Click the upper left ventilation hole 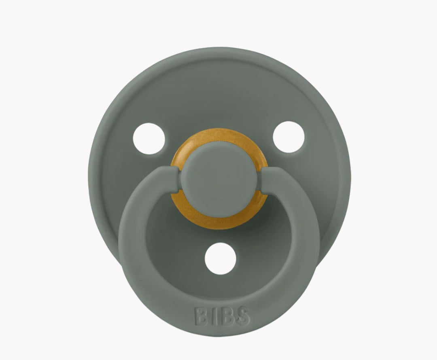[149, 138]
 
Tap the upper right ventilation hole [289, 137]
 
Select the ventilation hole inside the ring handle [220, 258]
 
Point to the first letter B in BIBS [201, 316]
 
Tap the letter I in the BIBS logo [214, 316]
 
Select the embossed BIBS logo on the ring [223, 316]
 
